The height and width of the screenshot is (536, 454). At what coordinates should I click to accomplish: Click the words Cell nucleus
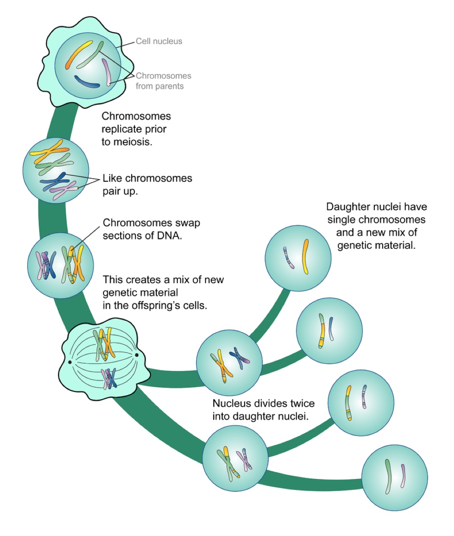point(159,41)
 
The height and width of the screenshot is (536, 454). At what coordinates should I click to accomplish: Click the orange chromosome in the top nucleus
point(80,54)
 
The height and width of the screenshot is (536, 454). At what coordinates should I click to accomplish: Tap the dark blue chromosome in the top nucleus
point(87,82)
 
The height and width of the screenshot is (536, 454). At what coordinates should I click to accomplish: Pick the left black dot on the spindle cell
point(70,362)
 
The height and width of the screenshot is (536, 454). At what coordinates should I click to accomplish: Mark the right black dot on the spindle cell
point(137,355)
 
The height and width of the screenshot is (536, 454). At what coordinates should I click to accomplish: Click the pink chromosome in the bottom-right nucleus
point(402,476)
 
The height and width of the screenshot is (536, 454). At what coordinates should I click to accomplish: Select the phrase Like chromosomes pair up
point(147,184)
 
